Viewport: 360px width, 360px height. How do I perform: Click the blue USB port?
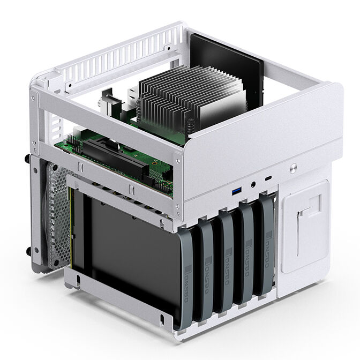(x=236, y=191)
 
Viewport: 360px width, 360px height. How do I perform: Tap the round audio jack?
(x=252, y=185)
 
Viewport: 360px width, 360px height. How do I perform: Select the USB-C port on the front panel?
(x=268, y=178)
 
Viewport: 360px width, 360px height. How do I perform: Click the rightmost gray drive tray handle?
(x=266, y=246)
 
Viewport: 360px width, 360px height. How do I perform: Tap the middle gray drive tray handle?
(x=228, y=262)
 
